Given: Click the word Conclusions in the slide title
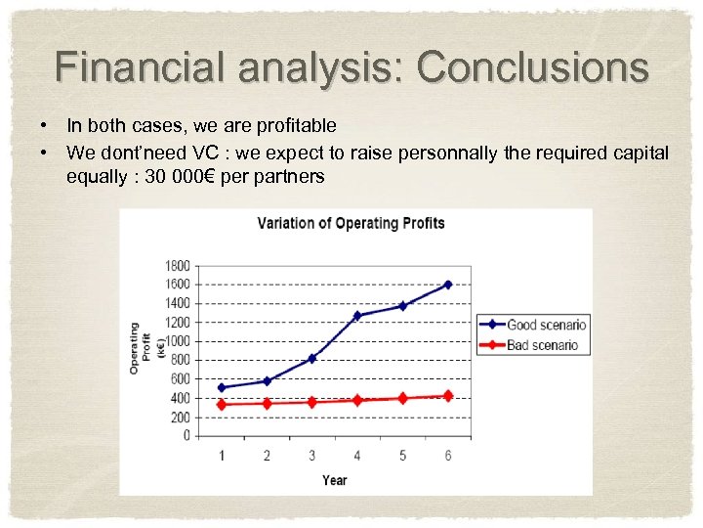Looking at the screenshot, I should pyautogui.click(x=532, y=67).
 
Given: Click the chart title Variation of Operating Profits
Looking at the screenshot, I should pyautogui.click(x=351, y=223).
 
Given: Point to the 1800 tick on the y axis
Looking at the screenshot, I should pyautogui.click(x=178, y=266).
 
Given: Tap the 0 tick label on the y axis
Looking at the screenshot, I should pyautogui.click(x=186, y=436).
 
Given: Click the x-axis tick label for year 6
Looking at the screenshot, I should pyautogui.click(x=448, y=455).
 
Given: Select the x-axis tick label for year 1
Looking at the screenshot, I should pyautogui.click(x=222, y=455).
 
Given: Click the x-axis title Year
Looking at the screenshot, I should pyautogui.click(x=335, y=479).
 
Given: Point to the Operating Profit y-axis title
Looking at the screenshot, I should pyautogui.click(x=140, y=347).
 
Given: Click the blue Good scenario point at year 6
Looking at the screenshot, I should pyautogui.click(x=448, y=285).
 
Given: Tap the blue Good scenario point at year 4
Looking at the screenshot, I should pyautogui.click(x=357, y=315).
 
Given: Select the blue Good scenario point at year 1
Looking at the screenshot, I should pyautogui.click(x=222, y=387).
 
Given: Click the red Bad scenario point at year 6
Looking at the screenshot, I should pyautogui.click(x=448, y=396).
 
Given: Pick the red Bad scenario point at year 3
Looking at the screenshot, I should pyautogui.click(x=312, y=402).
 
